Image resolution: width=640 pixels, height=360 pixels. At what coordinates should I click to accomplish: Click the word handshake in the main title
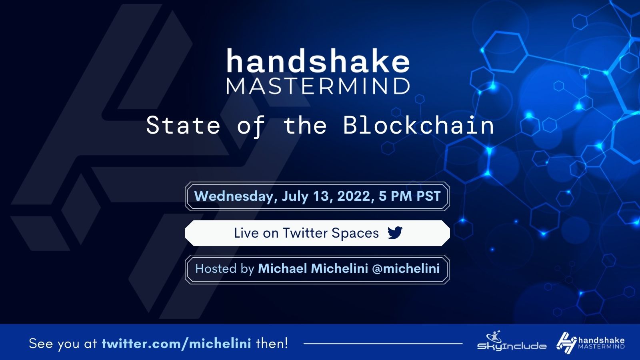tap(318, 62)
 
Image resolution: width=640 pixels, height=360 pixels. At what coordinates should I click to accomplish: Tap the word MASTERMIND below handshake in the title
tap(318, 86)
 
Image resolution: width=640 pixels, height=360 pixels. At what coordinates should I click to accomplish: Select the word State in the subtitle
tap(183, 125)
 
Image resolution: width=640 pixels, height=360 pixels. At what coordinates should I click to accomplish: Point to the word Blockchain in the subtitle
tap(418, 125)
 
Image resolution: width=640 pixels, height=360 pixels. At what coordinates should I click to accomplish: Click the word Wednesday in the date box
tap(234, 196)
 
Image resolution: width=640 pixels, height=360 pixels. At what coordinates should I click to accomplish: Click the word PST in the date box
tap(428, 196)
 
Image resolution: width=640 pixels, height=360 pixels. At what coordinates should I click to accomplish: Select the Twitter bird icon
tap(395, 232)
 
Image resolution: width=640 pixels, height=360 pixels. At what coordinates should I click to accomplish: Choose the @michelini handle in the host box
tap(406, 268)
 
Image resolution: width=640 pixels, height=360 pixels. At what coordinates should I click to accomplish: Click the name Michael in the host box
tap(282, 268)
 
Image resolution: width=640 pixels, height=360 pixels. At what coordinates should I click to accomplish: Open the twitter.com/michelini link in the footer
tap(176, 343)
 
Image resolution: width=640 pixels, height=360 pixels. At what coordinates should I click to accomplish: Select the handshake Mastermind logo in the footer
tap(590, 342)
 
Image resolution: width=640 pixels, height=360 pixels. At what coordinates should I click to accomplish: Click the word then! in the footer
tap(272, 343)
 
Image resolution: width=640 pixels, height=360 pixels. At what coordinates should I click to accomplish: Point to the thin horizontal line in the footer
tap(383, 343)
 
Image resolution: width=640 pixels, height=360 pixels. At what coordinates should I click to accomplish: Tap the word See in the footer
tap(41, 343)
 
